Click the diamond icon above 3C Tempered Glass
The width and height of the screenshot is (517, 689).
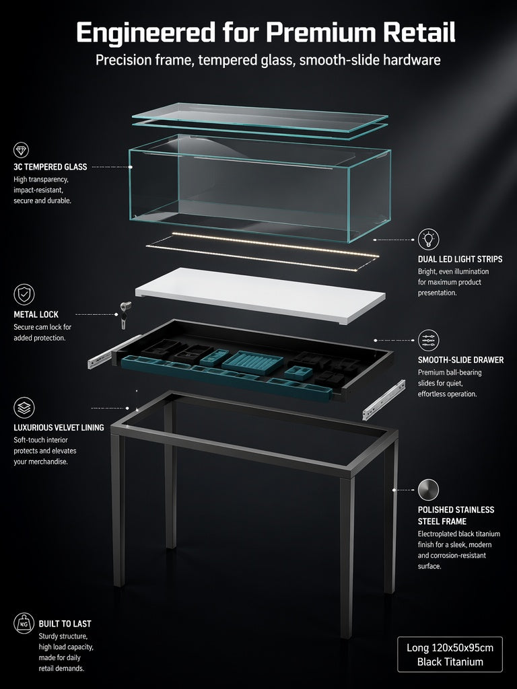click(21, 150)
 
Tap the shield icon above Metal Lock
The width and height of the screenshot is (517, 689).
click(24, 295)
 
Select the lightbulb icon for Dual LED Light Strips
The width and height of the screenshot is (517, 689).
click(428, 240)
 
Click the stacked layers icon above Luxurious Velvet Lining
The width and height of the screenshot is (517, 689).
click(24, 408)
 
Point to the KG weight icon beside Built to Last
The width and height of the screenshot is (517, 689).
click(24, 623)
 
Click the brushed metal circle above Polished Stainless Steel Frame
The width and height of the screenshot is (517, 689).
click(428, 490)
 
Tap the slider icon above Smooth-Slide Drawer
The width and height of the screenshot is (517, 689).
click(428, 340)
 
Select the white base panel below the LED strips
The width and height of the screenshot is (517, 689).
click(261, 295)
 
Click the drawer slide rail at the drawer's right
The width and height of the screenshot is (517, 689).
click(384, 400)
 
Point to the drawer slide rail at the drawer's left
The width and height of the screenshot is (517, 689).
click(114, 352)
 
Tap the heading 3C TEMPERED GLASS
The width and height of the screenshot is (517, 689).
click(50, 167)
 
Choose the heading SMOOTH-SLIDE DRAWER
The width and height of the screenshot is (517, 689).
click(460, 360)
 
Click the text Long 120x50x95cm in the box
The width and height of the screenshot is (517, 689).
click(450, 648)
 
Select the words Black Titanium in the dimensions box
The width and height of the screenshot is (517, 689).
click(450, 662)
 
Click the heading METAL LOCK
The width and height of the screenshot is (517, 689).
click(36, 315)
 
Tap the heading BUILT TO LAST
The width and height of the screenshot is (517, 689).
click(65, 624)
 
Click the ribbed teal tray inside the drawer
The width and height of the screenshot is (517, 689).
click(253, 363)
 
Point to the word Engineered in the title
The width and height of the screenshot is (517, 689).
click(145, 33)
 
